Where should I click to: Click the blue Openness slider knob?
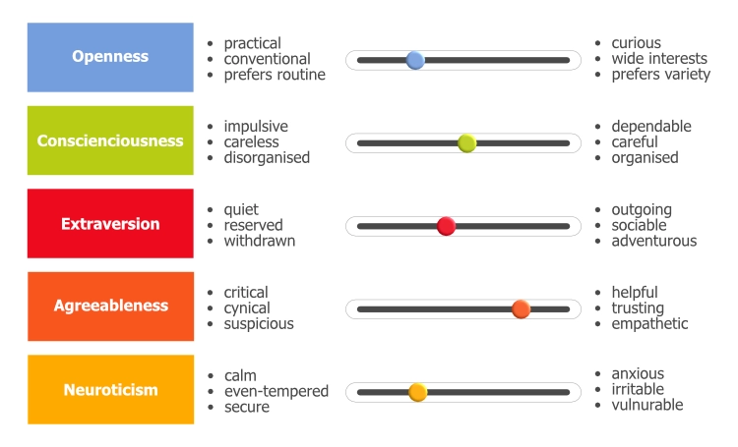click(x=415, y=60)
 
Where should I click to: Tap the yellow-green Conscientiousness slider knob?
click(x=467, y=143)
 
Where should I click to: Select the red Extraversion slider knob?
click(x=446, y=226)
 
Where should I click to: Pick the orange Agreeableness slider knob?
click(x=522, y=309)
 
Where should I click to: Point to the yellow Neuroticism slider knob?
click(x=417, y=392)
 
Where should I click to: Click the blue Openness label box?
click(x=110, y=57)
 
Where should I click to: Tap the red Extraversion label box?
click(x=110, y=224)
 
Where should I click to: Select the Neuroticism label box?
click(x=110, y=390)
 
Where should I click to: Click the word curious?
click(x=636, y=43)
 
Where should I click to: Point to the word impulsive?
click(x=256, y=127)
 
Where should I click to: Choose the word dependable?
click(x=650, y=127)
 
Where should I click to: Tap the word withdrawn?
click(x=259, y=241)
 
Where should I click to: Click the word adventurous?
click(x=653, y=241)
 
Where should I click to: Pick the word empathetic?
click(x=649, y=324)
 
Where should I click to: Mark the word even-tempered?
click(x=276, y=391)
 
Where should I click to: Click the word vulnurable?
click(x=646, y=405)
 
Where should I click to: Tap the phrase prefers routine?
click(x=274, y=75)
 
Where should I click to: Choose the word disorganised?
click(x=266, y=158)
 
